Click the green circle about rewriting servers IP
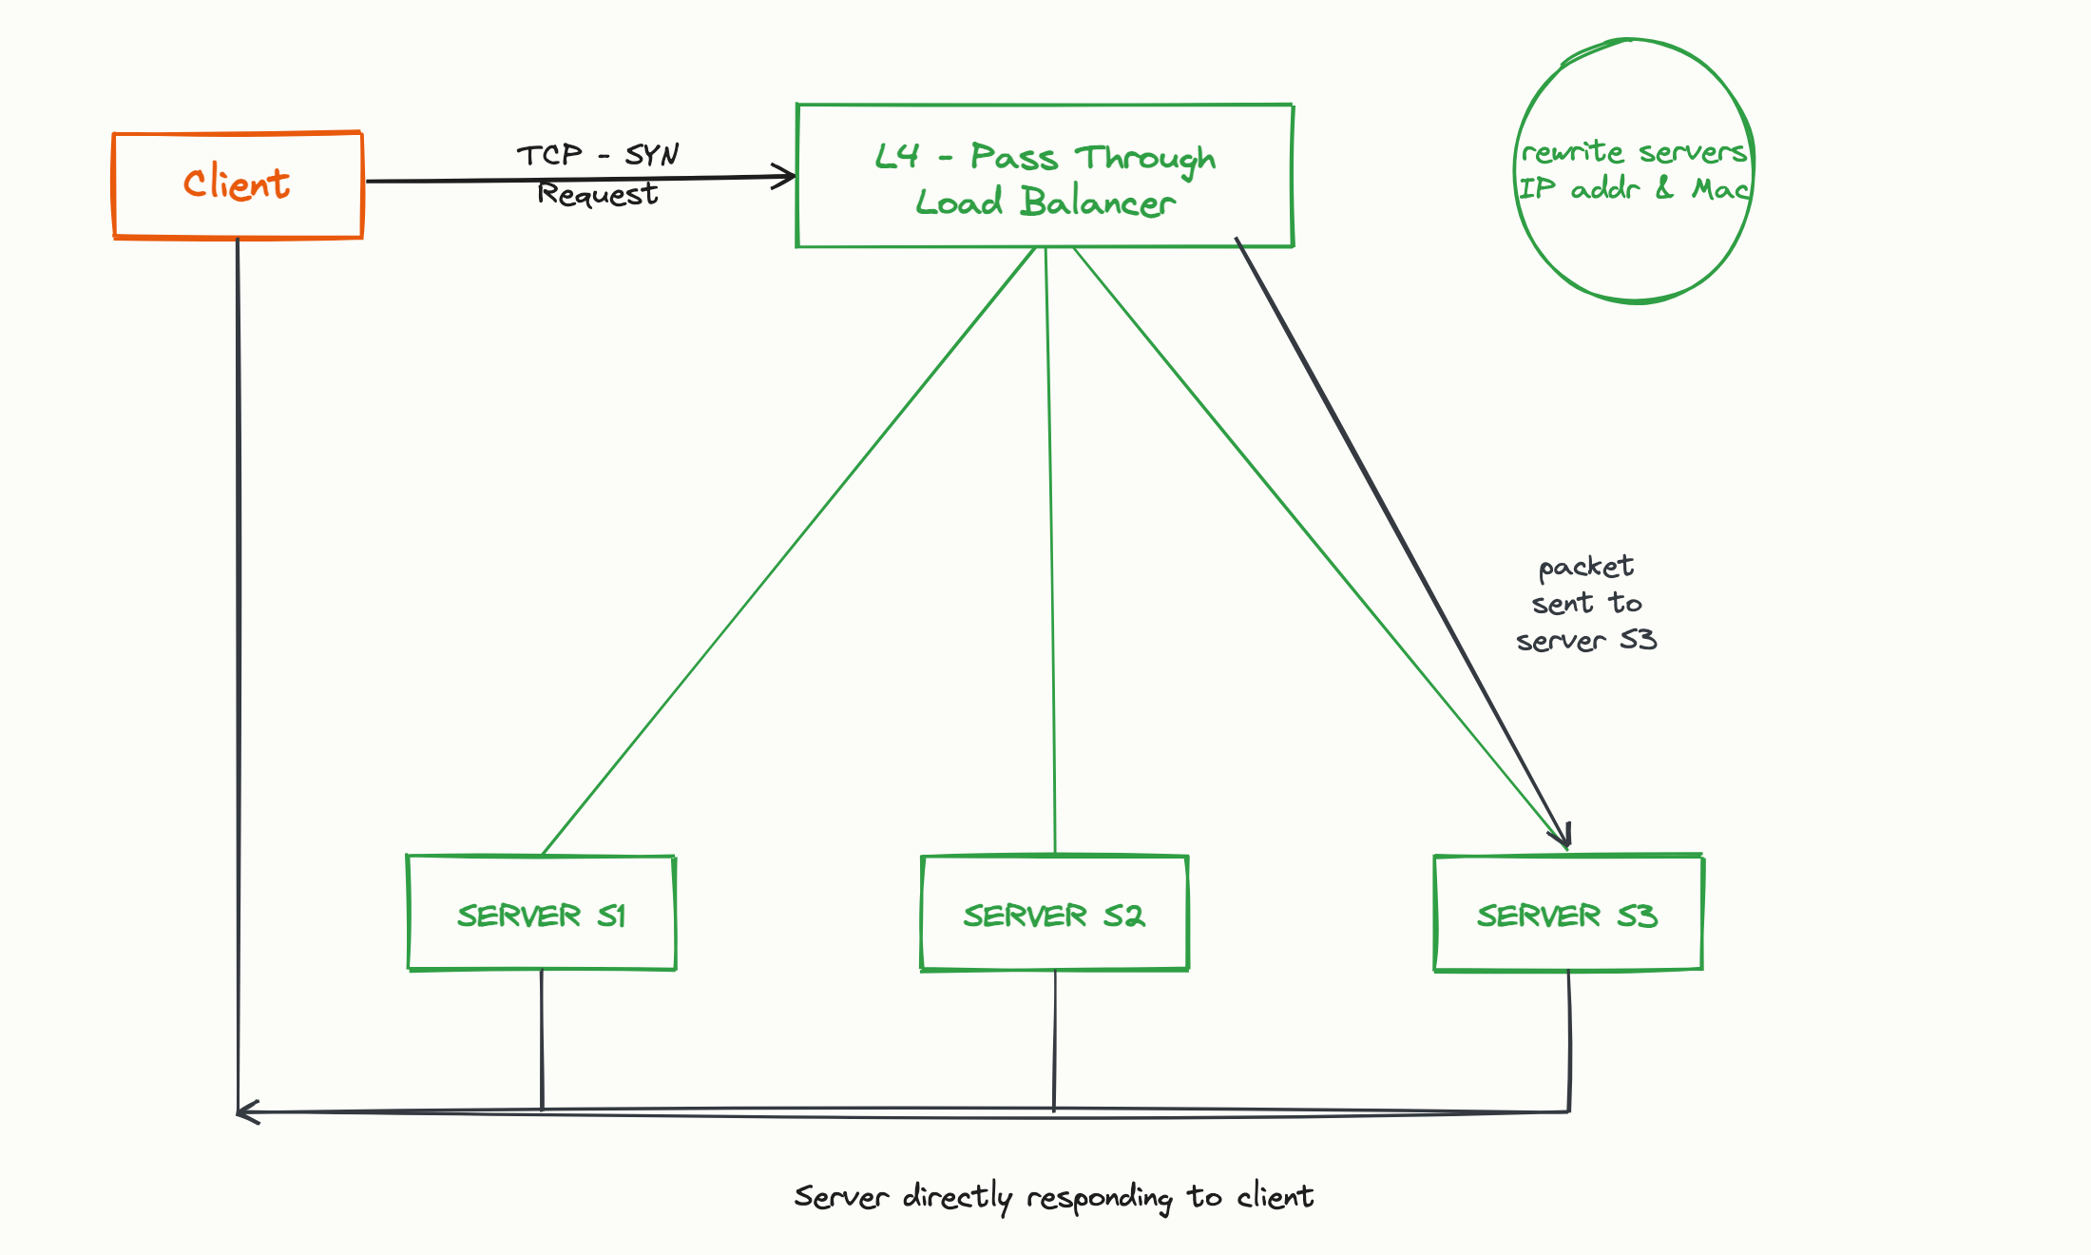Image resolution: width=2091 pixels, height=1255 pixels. click(x=1515, y=171)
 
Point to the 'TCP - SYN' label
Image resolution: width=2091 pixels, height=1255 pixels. click(x=598, y=155)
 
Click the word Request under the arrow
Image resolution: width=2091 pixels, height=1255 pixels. click(x=598, y=195)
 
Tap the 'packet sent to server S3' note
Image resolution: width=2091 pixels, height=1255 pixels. click(x=1586, y=604)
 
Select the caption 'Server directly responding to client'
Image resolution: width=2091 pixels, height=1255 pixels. click(x=1054, y=1197)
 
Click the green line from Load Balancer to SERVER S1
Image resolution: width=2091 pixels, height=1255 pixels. click(x=788, y=551)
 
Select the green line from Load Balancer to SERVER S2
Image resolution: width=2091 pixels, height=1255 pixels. click(x=1050, y=551)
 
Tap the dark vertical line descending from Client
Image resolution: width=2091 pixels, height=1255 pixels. click(x=239, y=675)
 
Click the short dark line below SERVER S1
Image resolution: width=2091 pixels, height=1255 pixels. click(x=542, y=1040)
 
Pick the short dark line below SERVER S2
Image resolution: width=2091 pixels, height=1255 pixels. click(x=1055, y=1040)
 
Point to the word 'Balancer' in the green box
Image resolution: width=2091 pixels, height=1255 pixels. click(x=1098, y=203)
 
